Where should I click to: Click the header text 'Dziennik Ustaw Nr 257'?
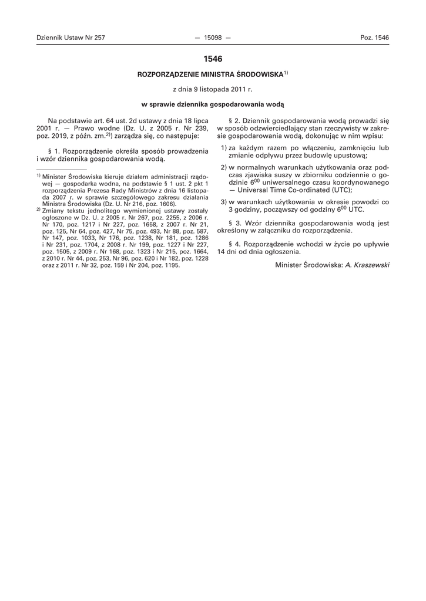point(71,38)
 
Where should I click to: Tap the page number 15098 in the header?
point(213,38)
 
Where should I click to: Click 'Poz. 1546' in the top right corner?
point(374,38)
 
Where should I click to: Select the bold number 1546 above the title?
point(213,59)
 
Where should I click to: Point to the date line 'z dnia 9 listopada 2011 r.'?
point(213,90)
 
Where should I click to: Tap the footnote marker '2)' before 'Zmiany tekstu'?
point(38,210)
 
